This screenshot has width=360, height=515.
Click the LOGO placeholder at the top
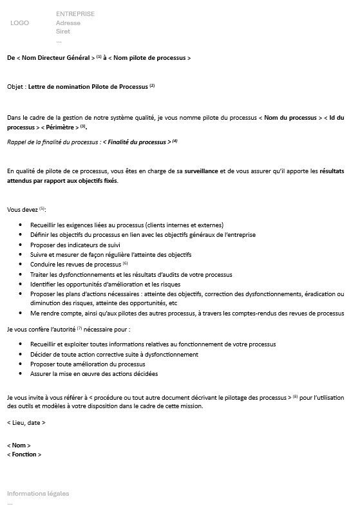point(20,23)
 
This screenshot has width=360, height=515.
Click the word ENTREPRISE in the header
point(75,14)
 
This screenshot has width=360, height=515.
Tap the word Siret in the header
point(63,31)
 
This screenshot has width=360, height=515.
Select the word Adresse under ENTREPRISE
point(68,23)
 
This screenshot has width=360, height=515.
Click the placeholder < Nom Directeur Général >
point(55,58)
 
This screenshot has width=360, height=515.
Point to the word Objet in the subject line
point(15,86)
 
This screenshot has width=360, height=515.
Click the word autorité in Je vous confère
point(62,329)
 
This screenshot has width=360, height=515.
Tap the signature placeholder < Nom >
point(19,445)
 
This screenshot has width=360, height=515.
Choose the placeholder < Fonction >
point(24,454)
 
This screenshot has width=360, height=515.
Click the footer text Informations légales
point(38,493)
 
